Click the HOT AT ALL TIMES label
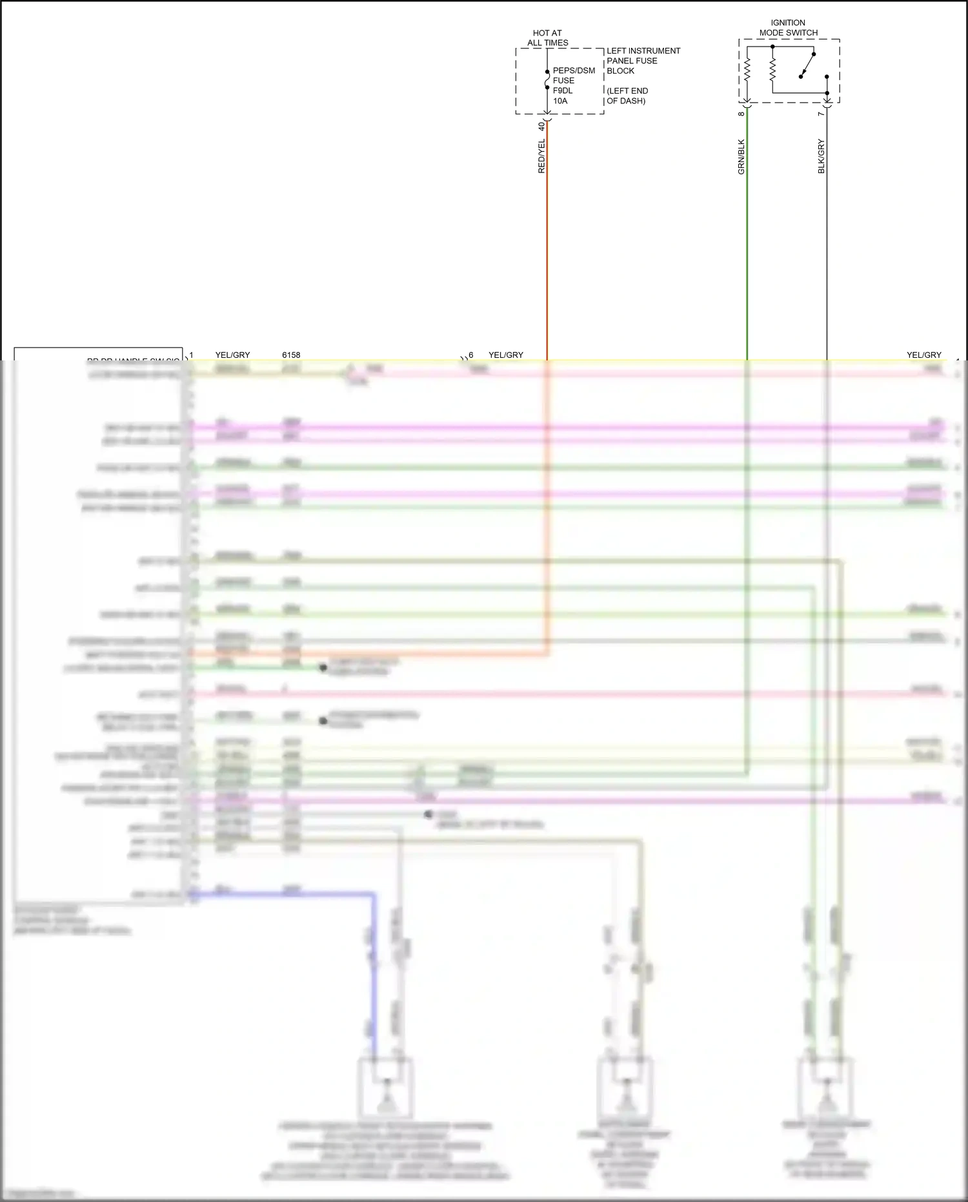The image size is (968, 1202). tap(547, 38)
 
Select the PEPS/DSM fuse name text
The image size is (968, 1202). tap(574, 70)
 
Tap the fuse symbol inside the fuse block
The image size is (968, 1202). tap(547, 79)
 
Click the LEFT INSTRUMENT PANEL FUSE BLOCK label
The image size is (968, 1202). tap(643, 61)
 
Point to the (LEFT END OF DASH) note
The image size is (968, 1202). tap(627, 96)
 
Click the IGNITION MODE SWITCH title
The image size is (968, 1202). tap(788, 28)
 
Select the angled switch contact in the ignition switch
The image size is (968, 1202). tap(807, 65)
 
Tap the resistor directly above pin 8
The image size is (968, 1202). tap(747, 70)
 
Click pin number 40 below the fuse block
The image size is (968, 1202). tap(541, 126)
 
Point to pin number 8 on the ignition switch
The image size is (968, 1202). tap(741, 114)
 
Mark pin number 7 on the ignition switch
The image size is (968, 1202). tap(821, 114)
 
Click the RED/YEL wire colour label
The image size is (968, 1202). tap(541, 156)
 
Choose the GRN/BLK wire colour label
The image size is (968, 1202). tap(741, 157)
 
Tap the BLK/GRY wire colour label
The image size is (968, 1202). tap(821, 156)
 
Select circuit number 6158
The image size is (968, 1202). tap(291, 355)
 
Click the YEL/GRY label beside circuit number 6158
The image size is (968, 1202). tap(232, 355)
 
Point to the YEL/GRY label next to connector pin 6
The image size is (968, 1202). tap(506, 355)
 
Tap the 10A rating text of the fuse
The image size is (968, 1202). tap(560, 101)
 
